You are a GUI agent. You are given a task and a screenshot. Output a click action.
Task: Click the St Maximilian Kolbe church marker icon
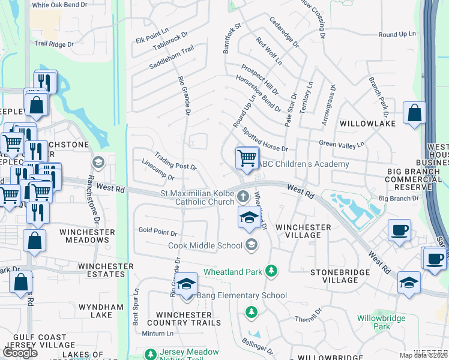(x=243, y=196)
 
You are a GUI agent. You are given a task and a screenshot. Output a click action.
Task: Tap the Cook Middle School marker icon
(x=252, y=244)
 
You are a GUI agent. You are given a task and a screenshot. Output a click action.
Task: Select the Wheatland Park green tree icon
(x=272, y=271)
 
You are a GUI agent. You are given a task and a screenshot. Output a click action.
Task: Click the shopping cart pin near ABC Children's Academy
(x=247, y=158)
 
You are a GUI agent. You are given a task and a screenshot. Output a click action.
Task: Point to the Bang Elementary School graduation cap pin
(x=186, y=284)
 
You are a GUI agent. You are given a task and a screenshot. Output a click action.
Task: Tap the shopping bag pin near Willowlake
(x=414, y=113)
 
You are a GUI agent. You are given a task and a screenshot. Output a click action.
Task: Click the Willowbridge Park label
(x=373, y=322)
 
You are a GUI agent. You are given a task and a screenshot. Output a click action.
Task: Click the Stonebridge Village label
(x=334, y=276)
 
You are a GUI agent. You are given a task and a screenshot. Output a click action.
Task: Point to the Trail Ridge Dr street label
(x=53, y=44)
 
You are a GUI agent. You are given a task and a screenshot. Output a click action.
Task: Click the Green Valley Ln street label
(x=342, y=144)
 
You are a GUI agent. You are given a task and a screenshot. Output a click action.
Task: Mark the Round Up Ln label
(x=396, y=34)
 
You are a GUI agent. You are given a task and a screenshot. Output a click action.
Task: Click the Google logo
(x=20, y=353)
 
